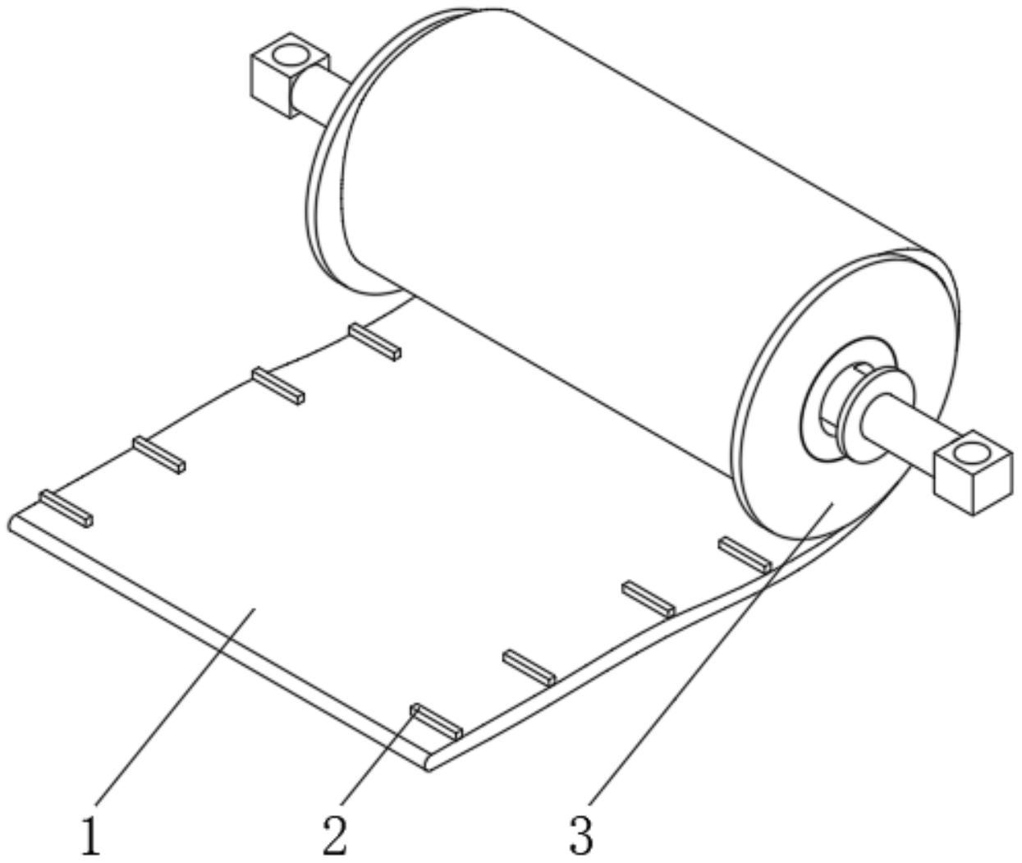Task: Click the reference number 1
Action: (90, 836)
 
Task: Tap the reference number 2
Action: (334, 836)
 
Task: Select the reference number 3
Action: (580, 836)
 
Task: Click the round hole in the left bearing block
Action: (289, 55)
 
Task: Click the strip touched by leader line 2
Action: (437, 721)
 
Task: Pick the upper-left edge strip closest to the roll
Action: (374, 342)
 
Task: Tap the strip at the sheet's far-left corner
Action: (66, 508)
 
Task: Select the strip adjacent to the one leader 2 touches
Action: (529, 667)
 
